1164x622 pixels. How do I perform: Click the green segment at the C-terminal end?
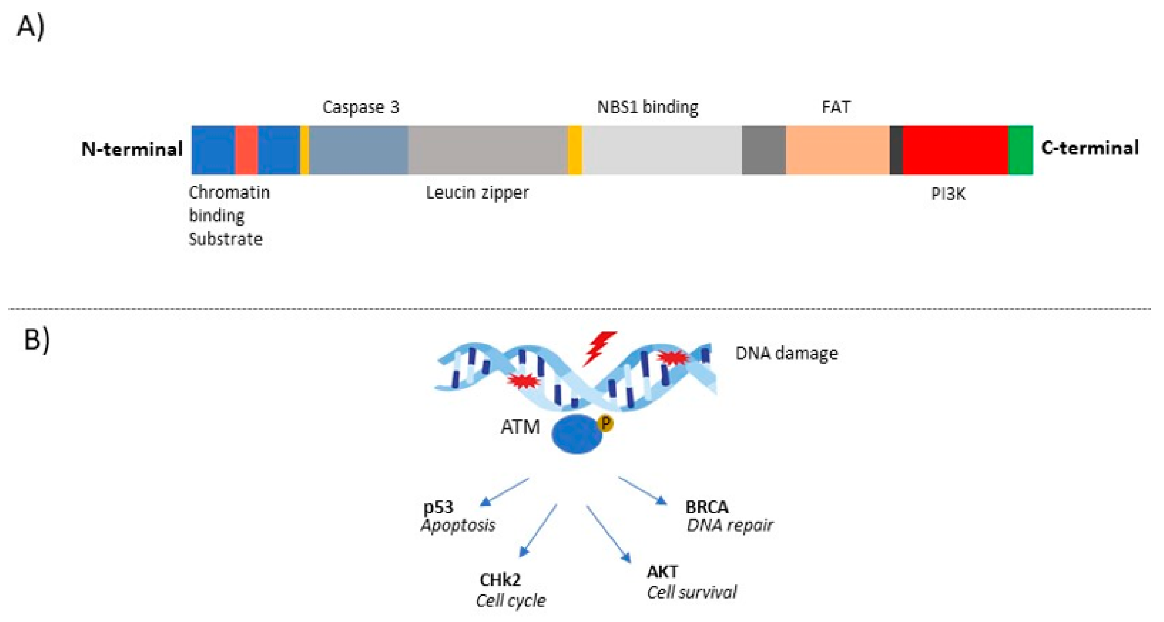click(1020, 150)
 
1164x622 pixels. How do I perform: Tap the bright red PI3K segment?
click(955, 150)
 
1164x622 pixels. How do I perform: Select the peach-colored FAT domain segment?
click(837, 150)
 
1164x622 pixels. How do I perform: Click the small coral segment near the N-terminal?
click(246, 150)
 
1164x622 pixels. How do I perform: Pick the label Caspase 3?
click(360, 107)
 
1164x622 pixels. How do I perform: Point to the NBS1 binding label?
click(647, 107)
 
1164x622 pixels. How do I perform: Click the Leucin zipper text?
click(477, 193)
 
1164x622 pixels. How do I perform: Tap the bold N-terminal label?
click(132, 149)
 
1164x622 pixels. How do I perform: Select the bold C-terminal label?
click(1089, 148)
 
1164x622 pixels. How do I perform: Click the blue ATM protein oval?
click(576, 434)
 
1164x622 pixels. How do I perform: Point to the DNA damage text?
click(786, 353)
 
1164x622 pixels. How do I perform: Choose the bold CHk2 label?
click(500, 579)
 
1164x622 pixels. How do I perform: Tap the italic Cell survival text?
click(691, 592)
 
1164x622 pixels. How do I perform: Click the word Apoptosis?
click(458, 525)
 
